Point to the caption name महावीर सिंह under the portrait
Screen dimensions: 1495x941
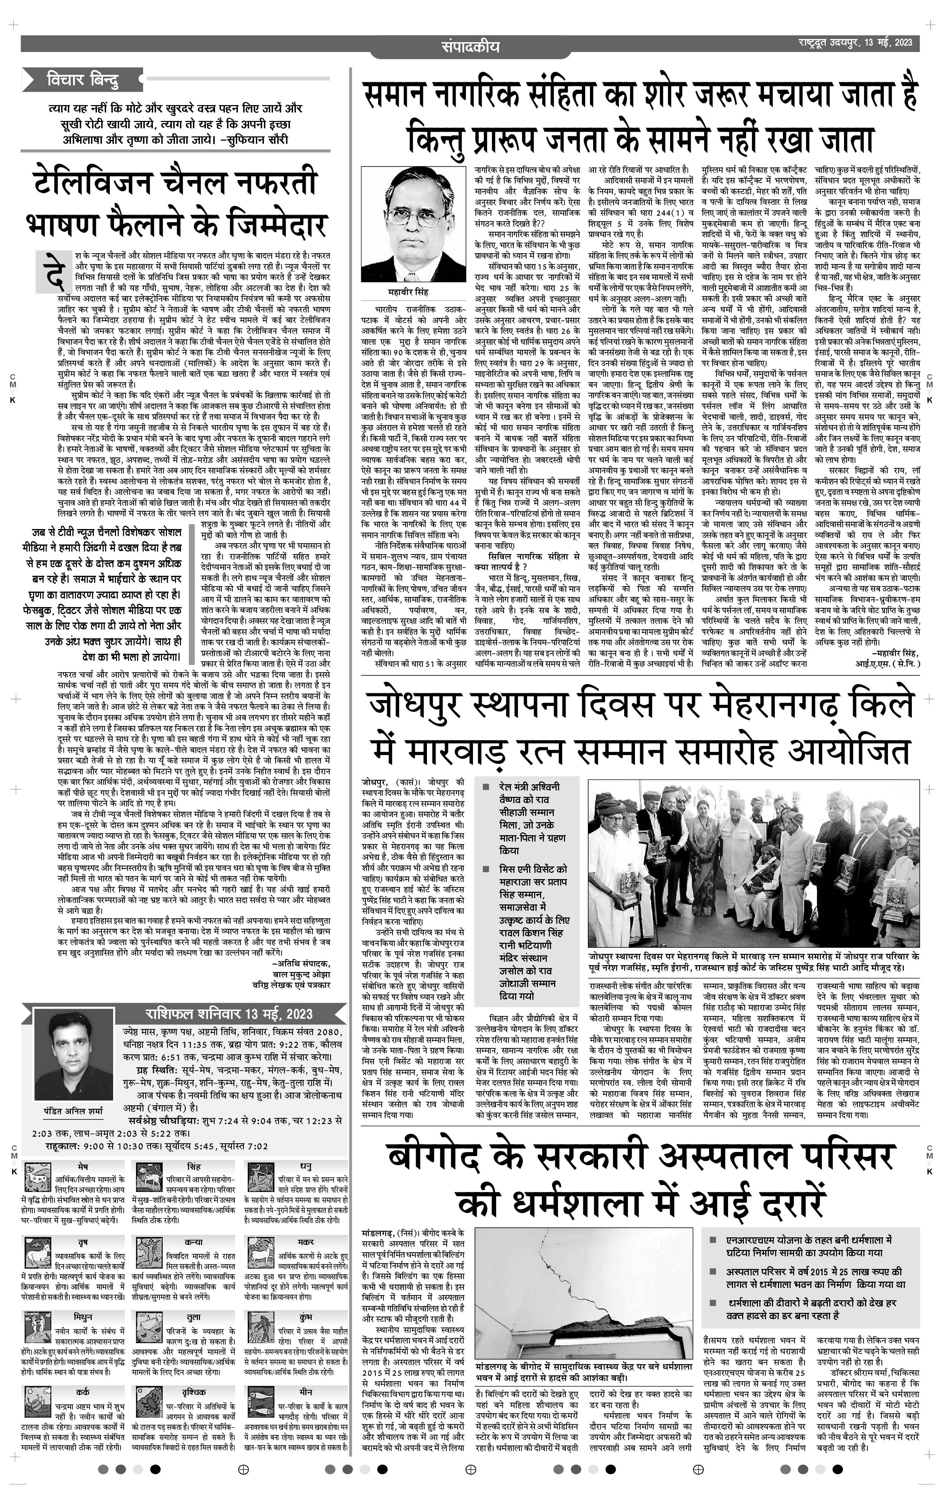point(408,292)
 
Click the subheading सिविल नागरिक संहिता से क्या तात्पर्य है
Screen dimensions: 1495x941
point(525,561)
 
